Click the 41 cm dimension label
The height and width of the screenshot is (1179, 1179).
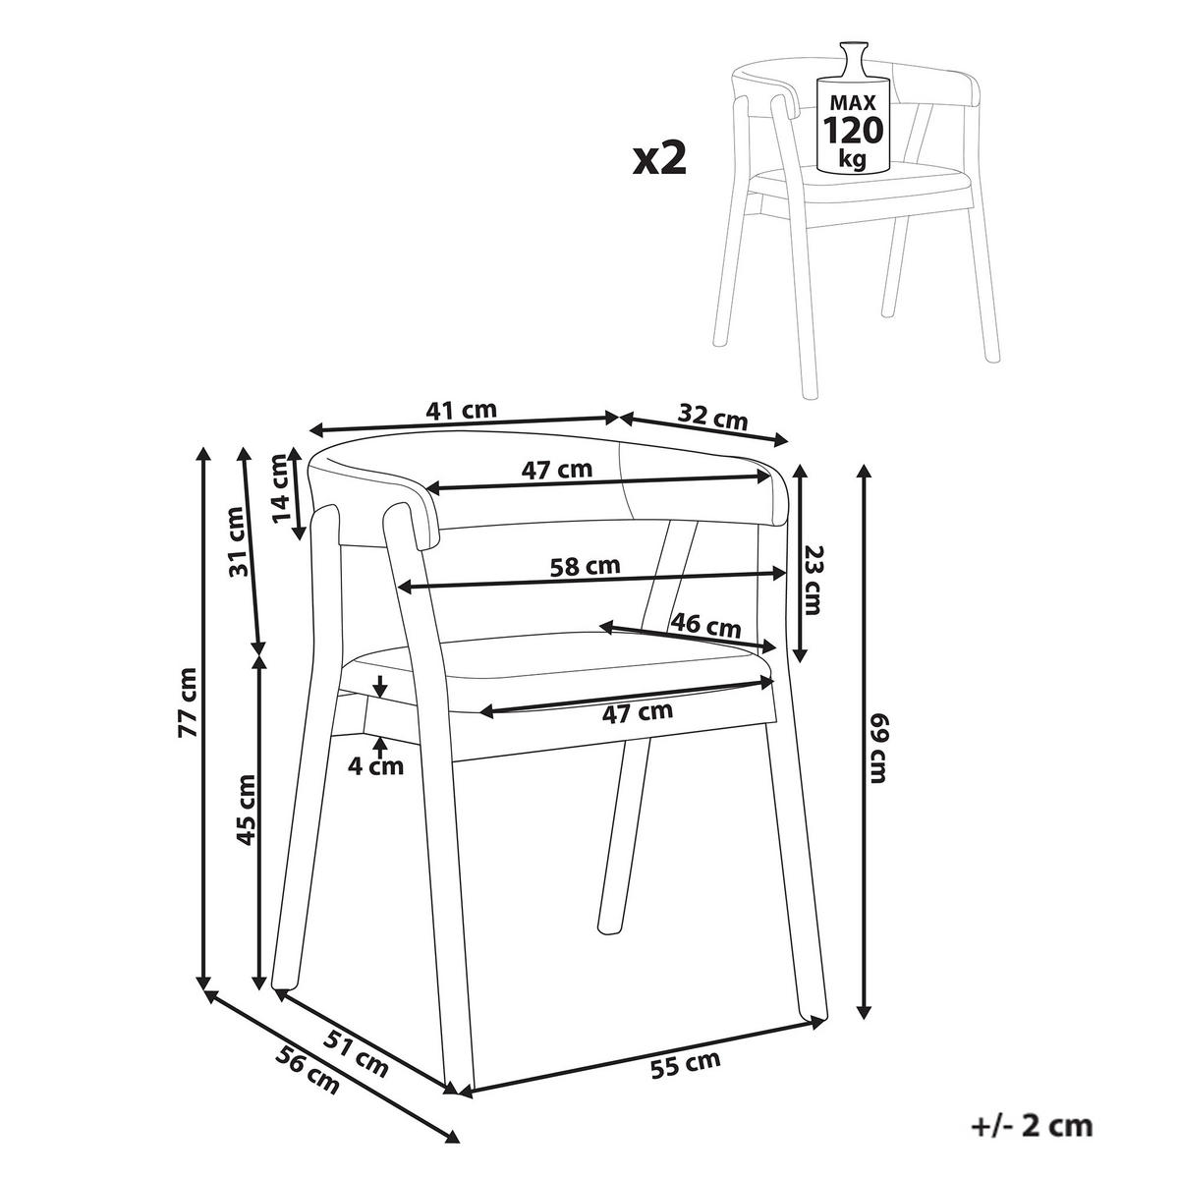(x=462, y=411)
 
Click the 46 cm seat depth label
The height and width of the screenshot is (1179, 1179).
(x=705, y=624)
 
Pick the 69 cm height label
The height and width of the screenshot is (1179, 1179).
(x=876, y=749)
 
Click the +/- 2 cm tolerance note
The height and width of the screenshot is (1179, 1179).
(x=1030, y=1126)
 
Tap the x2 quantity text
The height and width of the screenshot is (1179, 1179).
(x=659, y=157)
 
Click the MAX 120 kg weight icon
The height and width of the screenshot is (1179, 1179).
(x=852, y=113)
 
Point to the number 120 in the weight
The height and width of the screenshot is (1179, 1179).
(x=852, y=130)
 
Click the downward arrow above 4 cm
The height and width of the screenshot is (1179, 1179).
(x=379, y=685)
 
